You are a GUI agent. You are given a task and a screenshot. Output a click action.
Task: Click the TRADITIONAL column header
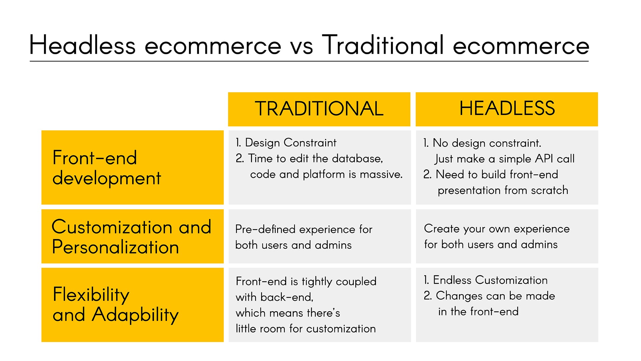[x=319, y=109]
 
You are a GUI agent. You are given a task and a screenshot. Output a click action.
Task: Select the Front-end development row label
[x=107, y=167]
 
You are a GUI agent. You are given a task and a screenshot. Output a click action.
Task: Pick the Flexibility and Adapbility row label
[x=116, y=305]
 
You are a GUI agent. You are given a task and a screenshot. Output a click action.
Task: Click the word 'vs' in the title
[x=301, y=46]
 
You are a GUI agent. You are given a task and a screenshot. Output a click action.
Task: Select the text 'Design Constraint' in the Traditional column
[x=290, y=143]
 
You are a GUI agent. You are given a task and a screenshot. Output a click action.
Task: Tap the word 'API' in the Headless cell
[x=544, y=158]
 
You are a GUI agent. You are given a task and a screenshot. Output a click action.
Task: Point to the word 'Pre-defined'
[x=265, y=229]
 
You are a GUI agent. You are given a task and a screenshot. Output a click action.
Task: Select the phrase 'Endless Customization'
[x=490, y=280]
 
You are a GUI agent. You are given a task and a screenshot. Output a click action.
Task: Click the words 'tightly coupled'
[x=339, y=281]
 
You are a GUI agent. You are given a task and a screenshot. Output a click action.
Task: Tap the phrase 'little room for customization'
[x=305, y=329]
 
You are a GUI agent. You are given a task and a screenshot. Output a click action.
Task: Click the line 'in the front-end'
[x=478, y=312]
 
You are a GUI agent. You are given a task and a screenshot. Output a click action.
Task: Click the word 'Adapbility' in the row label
[x=135, y=315]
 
